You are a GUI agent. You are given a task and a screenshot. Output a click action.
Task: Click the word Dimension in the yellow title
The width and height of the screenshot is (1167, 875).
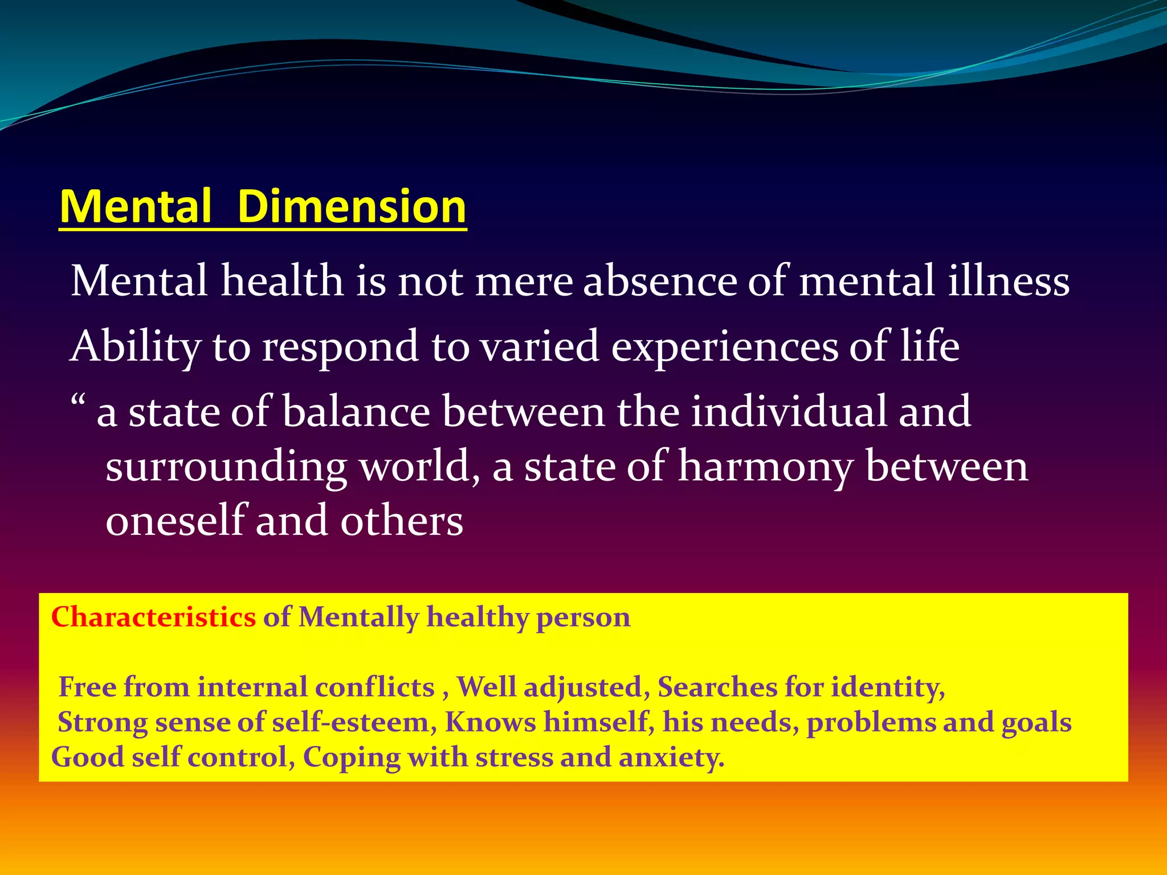352,206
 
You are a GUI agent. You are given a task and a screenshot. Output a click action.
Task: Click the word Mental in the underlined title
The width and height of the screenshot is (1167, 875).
136,206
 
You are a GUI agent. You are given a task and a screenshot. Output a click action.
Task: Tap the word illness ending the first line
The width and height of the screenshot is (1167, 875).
1009,281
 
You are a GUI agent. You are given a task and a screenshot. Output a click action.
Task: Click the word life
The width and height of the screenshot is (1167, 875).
930,346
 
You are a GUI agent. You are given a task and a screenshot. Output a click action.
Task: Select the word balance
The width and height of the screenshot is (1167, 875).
356,411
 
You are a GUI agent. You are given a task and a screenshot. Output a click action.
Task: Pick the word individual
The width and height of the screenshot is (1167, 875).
789,411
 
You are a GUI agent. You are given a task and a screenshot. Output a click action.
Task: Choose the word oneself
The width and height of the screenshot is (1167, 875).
175,521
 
